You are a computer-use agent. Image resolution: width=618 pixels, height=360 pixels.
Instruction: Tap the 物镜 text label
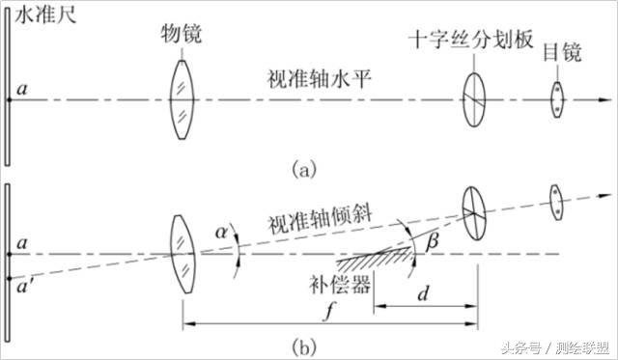(x=180, y=36)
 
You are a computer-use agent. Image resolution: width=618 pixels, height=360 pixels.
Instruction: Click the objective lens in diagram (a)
(x=181, y=97)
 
